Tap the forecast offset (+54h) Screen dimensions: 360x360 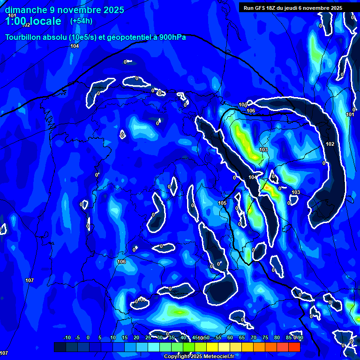click(x=81, y=21)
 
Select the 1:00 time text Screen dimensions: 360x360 click(x=18, y=21)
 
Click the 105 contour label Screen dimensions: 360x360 click(x=223, y=203)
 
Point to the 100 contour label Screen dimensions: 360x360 click(x=242, y=105)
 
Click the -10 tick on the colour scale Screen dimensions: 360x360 click(x=67, y=337)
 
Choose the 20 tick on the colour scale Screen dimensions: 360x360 click(x=136, y=337)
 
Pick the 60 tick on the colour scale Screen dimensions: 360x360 click(x=230, y=337)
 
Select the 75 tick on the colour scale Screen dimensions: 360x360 click(x=265, y=337)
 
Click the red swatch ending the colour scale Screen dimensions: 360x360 click(x=294, y=347)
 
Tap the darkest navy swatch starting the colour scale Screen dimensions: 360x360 click(x=60, y=347)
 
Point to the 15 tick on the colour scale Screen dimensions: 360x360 click(x=125, y=337)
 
